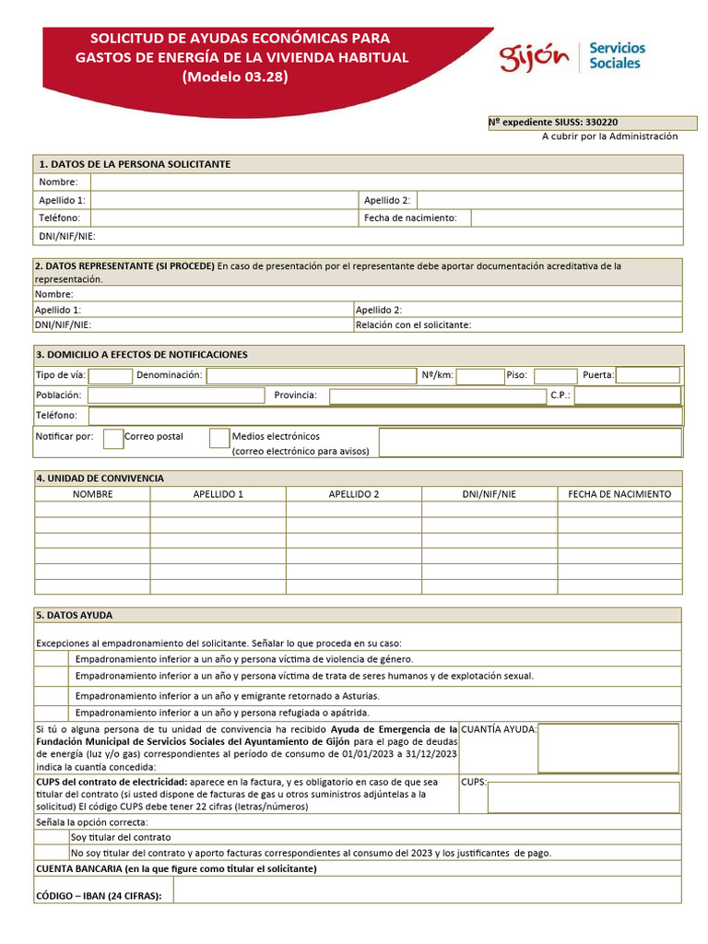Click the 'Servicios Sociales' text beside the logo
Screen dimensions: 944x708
(x=617, y=56)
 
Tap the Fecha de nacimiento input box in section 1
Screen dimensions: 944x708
(x=576, y=218)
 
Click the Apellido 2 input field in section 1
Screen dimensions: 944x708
(x=549, y=200)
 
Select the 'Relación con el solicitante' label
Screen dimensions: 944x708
(x=413, y=324)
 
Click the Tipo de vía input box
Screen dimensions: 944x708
(x=111, y=376)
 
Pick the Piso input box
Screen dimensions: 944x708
(x=555, y=376)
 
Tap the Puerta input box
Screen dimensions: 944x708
(x=648, y=376)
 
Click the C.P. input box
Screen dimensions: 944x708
(x=627, y=395)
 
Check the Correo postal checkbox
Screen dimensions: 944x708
(x=113, y=438)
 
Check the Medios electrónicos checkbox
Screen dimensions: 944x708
(x=219, y=438)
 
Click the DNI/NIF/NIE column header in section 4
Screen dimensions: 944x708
(x=490, y=494)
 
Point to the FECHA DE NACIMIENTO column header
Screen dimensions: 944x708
(x=619, y=494)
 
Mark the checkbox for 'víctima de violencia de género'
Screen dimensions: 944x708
(x=53, y=659)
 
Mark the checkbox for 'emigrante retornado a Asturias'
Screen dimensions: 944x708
(x=53, y=695)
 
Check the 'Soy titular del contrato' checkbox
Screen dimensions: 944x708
(x=53, y=837)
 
